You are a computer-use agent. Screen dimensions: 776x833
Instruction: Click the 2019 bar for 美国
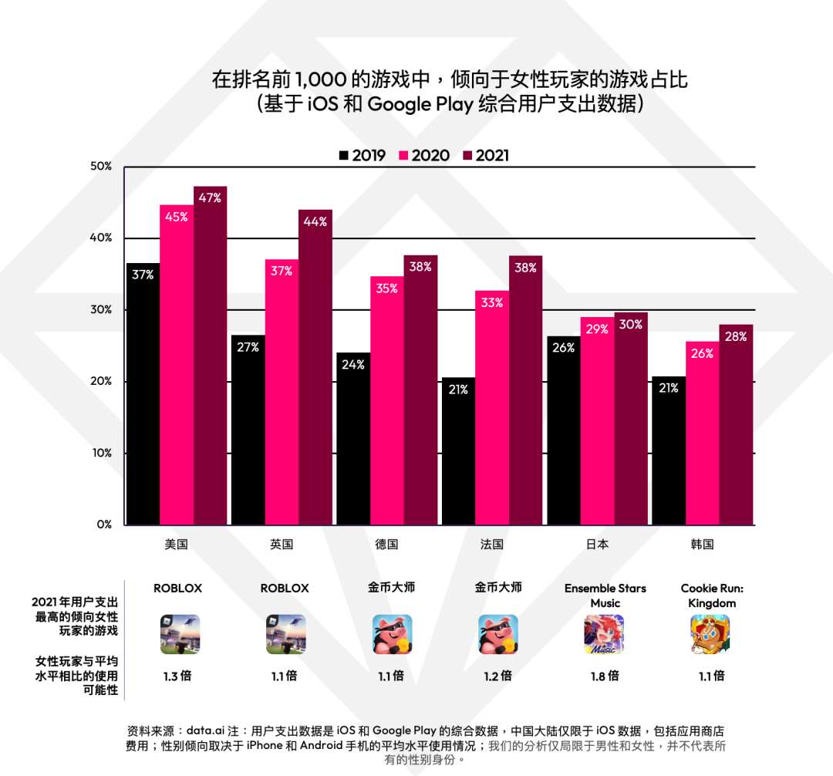click(x=143, y=393)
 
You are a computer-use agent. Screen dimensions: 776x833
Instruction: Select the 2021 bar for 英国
click(x=315, y=367)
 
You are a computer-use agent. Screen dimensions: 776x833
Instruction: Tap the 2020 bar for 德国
click(x=387, y=400)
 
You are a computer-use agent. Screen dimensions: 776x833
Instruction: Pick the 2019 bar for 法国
click(x=458, y=450)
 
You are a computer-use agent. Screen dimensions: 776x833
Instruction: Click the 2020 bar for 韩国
click(x=703, y=433)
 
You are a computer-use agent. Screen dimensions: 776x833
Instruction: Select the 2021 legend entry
click(x=485, y=155)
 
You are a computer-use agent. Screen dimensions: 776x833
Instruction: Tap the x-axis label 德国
click(x=387, y=544)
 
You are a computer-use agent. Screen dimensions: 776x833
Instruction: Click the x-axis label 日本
click(x=597, y=544)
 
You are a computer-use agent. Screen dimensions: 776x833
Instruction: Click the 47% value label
click(x=210, y=197)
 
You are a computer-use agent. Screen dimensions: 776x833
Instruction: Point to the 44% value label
click(x=315, y=221)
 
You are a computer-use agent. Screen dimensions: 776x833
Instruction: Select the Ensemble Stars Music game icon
click(x=604, y=634)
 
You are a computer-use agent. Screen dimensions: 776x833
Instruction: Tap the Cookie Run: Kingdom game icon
click(x=710, y=634)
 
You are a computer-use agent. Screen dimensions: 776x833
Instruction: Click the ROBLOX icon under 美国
click(x=179, y=634)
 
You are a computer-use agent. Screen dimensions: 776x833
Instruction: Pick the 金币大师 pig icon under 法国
click(x=498, y=634)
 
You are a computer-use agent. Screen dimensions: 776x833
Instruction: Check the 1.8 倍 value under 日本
click(x=604, y=676)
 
